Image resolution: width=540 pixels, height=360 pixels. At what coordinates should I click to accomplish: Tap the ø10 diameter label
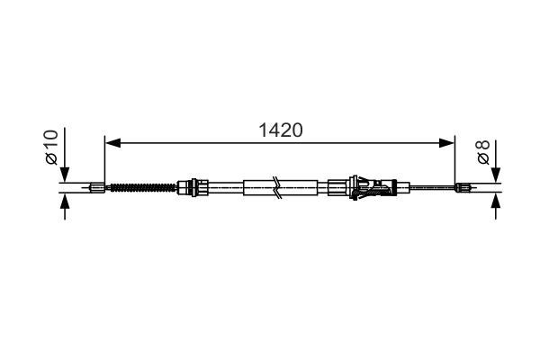click(x=51, y=146)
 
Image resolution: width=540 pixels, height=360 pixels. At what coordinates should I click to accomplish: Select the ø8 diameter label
click(x=483, y=150)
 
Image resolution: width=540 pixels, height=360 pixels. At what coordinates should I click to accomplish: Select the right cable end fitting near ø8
click(x=463, y=188)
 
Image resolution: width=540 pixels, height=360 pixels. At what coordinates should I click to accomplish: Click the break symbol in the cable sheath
click(x=279, y=188)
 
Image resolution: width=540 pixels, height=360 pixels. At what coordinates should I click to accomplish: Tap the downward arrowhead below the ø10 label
click(x=63, y=175)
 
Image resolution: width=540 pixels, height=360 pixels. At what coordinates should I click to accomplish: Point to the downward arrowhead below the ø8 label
click(x=495, y=175)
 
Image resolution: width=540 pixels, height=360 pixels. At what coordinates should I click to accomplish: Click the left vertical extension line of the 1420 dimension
click(x=105, y=162)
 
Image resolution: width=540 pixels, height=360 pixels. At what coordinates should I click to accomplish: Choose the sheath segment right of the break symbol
click(x=301, y=188)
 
